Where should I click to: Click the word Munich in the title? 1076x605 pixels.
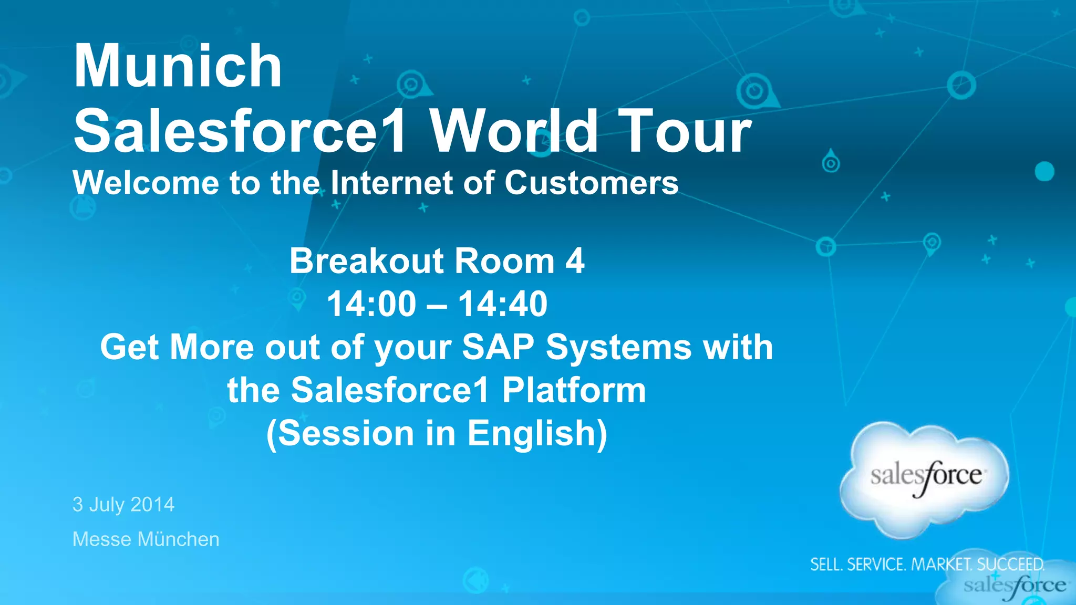click(178, 66)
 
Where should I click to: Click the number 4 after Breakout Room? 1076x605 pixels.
click(575, 261)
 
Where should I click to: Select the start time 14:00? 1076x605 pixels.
click(371, 304)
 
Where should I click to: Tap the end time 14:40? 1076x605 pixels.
click(503, 304)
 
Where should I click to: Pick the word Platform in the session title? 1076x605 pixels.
click(574, 390)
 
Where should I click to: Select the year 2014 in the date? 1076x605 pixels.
click(152, 505)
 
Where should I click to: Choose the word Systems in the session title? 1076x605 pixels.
click(618, 347)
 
